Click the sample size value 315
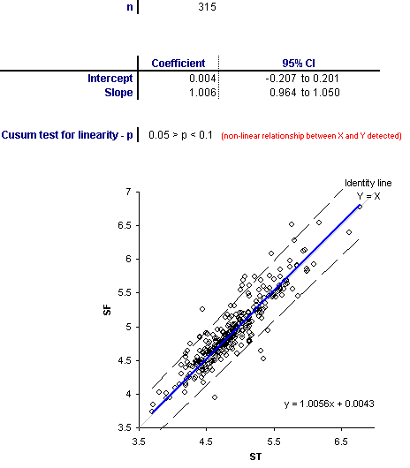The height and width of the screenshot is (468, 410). coord(207,6)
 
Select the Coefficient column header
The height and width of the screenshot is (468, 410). coord(178,64)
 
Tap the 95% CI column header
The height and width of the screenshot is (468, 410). coord(299,64)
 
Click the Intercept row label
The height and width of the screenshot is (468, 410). coord(110,79)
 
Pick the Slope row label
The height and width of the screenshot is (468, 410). coord(118,93)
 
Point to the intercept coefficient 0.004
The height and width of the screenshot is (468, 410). coord(202,79)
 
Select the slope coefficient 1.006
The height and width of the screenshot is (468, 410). coord(202,93)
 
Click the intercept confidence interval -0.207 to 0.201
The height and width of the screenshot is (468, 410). coord(302,79)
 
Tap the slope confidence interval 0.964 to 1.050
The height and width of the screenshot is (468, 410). coord(305,93)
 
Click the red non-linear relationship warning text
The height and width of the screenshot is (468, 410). coord(311,136)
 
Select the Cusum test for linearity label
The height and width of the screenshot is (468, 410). coord(67,135)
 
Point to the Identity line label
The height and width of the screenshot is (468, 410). coord(368,183)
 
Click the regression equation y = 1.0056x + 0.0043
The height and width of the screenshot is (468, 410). coord(329,404)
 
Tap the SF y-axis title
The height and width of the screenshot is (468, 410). coord(107,310)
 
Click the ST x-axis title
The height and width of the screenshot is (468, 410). coord(255,457)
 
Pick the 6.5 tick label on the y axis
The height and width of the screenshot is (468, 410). coord(125,225)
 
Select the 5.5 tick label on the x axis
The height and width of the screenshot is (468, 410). coord(274,442)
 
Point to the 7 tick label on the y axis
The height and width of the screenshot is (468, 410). coord(128,192)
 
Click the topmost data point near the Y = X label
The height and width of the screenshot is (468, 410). coord(360,207)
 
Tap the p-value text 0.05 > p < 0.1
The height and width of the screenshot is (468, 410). coord(180,135)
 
